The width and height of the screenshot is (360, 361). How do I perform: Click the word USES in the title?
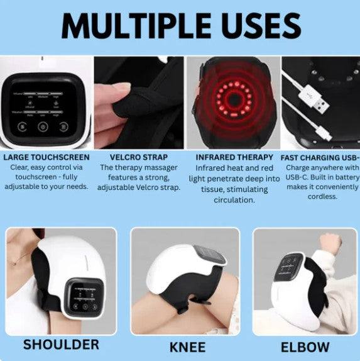(258, 26)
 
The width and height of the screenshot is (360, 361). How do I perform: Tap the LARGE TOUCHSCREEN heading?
(46, 157)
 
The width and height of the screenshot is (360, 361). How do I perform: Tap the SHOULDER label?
(60, 344)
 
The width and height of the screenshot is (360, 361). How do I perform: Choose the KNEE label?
(187, 346)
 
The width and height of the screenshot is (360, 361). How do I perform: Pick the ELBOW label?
(304, 346)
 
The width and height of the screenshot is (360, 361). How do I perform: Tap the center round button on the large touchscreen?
(43, 126)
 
